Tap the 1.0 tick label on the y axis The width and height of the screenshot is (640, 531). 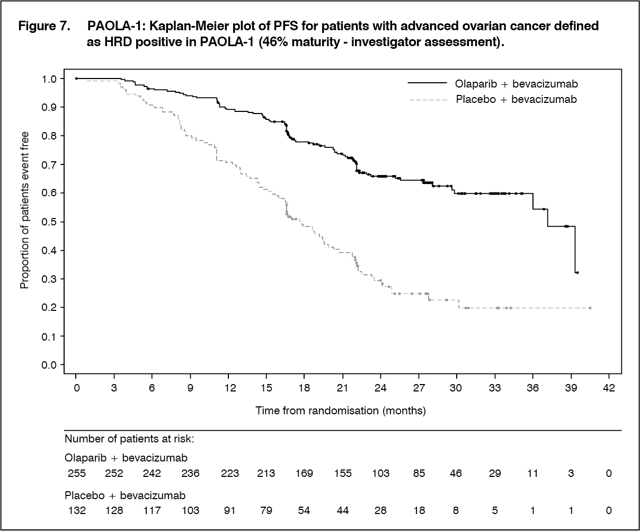[x=49, y=79]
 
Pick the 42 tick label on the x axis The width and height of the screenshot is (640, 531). [x=609, y=387]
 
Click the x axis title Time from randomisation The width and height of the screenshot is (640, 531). [x=341, y=411]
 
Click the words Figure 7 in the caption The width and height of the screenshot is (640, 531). [x=44, y=26]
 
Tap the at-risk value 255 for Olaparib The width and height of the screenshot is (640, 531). [x=76, y=473]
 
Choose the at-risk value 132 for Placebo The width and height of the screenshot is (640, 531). [x=76, y=510]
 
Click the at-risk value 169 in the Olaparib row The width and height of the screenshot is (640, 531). [x=305, y=473]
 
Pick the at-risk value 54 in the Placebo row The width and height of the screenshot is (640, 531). [x=305, y=510]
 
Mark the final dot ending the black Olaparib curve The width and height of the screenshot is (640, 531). [x=577, y=273]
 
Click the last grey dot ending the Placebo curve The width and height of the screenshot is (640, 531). [x=590, y=308]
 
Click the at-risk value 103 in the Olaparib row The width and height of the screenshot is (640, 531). [x=381, y=473]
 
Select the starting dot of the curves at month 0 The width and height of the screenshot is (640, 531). [x=76, y=79]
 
